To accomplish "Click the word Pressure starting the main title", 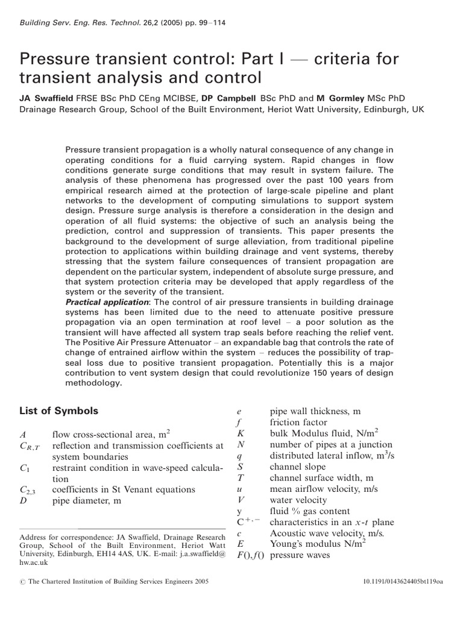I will pyautogui.click(x=58, y=60).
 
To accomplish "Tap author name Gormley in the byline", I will pyautogui.click(x=355, y=96).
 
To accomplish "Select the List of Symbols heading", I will pyautogui.click(x=58, y=411).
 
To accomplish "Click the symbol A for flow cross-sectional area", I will pyautogui.click(x=23, y=435).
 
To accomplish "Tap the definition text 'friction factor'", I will pyautogui.click(x=298, y=422).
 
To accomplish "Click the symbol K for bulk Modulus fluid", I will pyautogui.click(x=239, y=434).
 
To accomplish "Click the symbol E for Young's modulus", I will pyautogui.click(x=239, y=544).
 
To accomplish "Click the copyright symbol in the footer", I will pyautogui.click(x=23, y=597).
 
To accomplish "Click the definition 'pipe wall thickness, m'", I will pyautogui.click(x=315, y=412).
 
